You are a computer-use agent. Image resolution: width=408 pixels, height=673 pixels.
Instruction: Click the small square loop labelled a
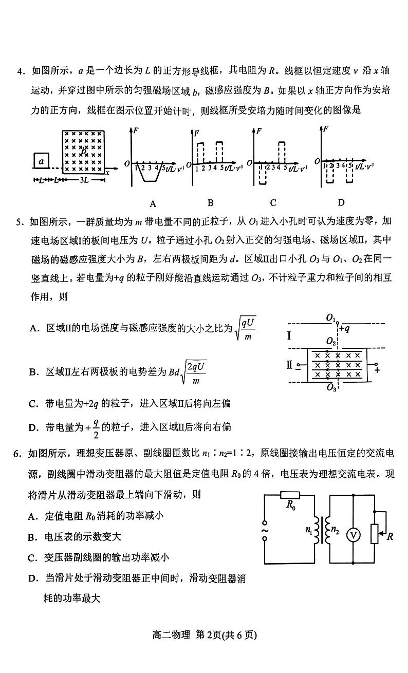42,161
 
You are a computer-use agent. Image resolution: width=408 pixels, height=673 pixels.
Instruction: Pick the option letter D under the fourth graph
341,202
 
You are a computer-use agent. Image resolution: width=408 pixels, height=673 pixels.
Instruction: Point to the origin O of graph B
189,164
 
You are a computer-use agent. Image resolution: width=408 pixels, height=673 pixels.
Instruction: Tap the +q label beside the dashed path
345,328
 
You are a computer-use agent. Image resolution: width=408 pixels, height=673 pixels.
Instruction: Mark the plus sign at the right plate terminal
377,369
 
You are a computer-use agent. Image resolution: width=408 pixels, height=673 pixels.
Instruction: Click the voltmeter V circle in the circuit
353,535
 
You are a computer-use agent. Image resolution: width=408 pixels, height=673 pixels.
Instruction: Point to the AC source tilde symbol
265,530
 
